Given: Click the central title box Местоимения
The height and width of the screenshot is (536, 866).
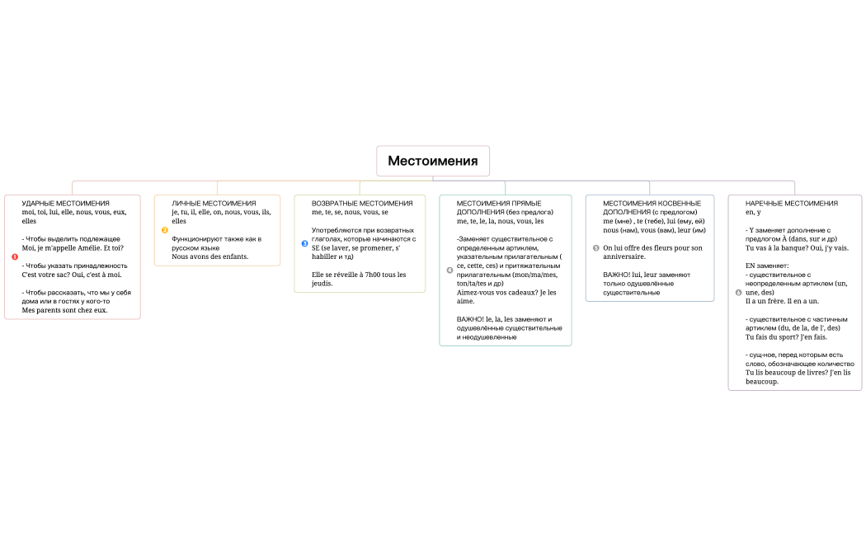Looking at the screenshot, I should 433,161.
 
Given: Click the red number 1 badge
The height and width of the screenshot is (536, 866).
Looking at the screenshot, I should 15,256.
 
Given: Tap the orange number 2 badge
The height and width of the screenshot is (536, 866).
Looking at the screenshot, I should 165,230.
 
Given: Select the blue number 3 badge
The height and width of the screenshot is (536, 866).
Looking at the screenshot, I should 304,243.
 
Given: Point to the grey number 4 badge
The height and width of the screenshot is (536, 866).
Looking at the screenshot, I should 449,270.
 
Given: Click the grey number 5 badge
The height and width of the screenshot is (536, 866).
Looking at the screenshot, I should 595,247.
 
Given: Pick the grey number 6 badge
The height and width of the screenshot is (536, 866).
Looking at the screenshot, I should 738,292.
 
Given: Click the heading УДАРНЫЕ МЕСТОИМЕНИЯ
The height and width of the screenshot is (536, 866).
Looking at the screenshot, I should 65,203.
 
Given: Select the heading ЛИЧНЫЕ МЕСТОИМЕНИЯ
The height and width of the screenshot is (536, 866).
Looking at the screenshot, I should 214,203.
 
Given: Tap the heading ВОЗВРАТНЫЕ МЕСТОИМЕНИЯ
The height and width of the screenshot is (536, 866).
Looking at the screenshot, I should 362,203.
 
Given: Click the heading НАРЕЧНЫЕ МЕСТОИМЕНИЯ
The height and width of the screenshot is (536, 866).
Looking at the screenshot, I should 791,203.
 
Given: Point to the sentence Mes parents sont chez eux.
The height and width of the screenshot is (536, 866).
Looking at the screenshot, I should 64,310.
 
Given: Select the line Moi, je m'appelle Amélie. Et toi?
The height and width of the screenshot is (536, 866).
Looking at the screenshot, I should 73,247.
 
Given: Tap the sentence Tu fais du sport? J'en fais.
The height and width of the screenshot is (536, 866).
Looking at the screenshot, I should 786,336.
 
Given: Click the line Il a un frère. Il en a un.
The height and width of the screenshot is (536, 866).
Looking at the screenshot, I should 782,301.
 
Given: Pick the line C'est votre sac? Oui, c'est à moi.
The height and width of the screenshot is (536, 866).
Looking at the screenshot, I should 72,275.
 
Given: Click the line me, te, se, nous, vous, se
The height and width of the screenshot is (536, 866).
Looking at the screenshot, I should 350,212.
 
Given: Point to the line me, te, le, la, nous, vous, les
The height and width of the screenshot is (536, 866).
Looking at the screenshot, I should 500,221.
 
